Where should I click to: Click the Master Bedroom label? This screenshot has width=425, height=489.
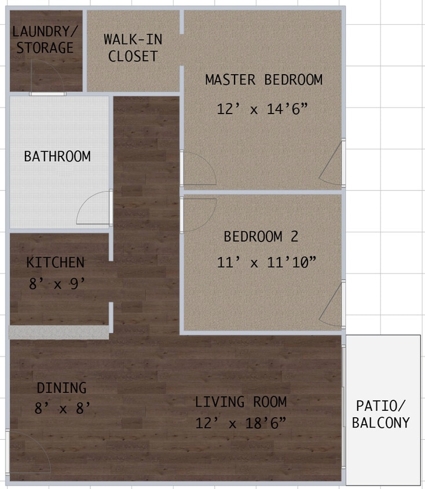tap(263, 80)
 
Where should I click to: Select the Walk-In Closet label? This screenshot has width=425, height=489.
tap(133, 48)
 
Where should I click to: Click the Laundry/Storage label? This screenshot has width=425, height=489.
tap(45, 39)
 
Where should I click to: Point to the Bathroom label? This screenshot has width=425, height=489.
tap(57, 156)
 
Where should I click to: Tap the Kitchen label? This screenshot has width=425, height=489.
tap(56, 262)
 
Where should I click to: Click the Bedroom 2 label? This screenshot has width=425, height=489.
tap(261, 236)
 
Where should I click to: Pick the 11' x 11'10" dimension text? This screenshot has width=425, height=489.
tap(267, 262)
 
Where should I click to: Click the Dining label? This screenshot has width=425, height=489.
tap(61, 388)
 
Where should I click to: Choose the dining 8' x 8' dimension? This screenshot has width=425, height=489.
tap(63, 408)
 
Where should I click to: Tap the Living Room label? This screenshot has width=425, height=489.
tap(240, 402)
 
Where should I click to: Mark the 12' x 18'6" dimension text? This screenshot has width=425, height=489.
tap(241, 423)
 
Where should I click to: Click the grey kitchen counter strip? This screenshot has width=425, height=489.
tap(58, 332)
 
